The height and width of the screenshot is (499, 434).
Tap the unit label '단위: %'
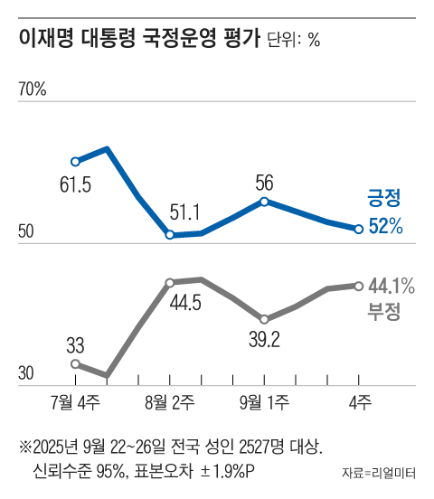pos(294,41)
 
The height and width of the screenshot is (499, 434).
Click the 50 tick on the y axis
pos(27,232)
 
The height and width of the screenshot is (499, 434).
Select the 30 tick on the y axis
pos(27,374)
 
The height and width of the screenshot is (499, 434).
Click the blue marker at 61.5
pos(76,162)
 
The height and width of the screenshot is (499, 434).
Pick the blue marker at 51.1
pos(170,235)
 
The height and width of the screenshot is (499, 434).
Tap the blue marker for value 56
pos(264,201)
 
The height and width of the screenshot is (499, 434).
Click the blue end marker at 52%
pos(358,229)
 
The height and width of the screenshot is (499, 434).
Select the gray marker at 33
pos(76,363)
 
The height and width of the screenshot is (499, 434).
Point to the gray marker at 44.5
pos(170,282)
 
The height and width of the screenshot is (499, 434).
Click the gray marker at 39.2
pos(264,319)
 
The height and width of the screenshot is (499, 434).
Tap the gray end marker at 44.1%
pos(358,286)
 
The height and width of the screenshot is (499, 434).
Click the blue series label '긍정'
pos(382,198)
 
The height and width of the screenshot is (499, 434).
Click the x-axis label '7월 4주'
pos(77,400)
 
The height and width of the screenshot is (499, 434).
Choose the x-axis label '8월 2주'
pos(170,400)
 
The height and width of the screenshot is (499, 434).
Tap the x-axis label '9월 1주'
pos(264,400)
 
